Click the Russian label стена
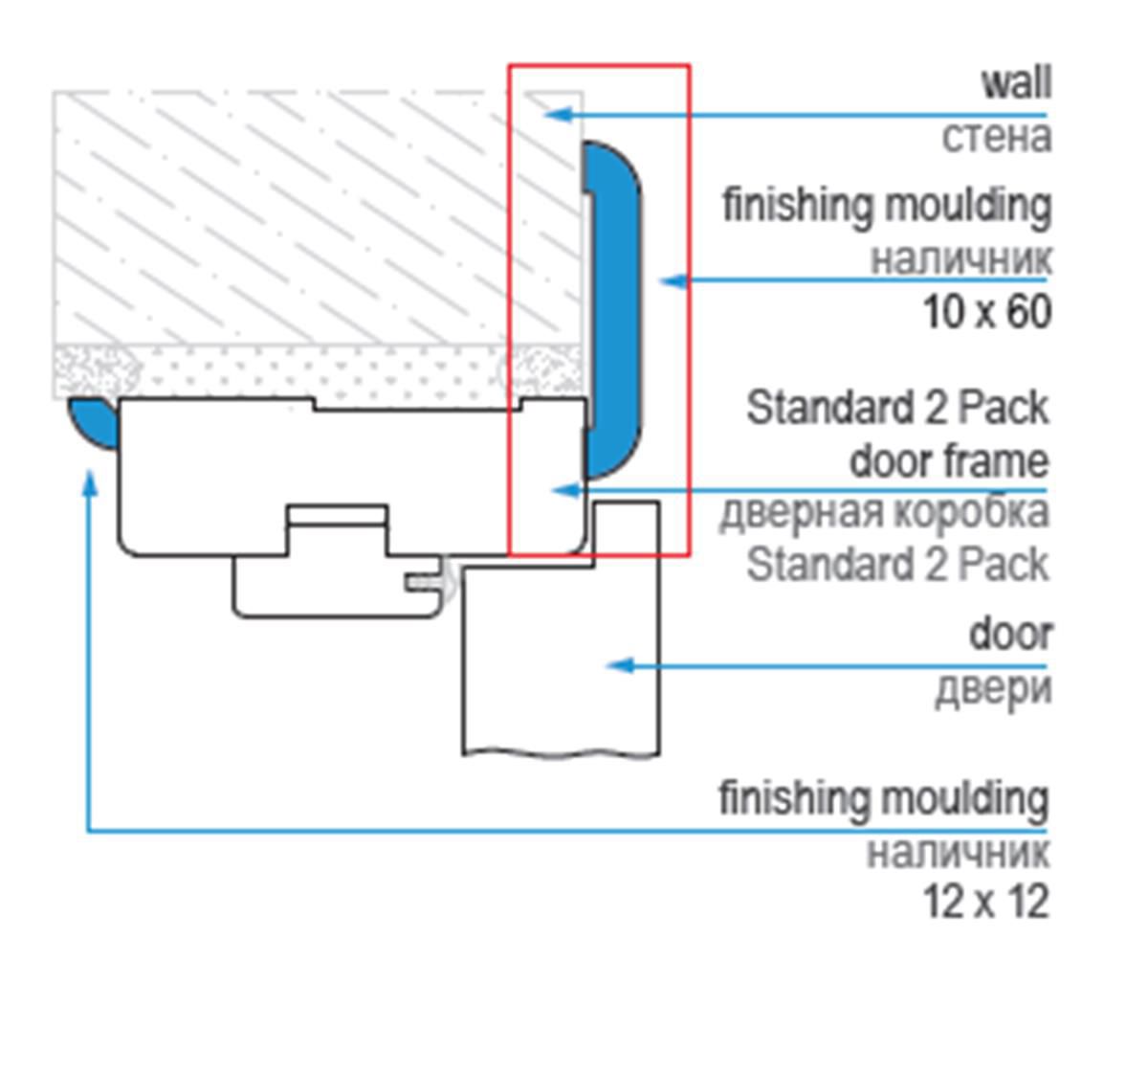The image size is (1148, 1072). [996, 136]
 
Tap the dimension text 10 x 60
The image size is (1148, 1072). [986, 312]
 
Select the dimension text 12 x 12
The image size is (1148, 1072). [985, 902]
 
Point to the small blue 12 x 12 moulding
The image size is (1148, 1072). [93, 422]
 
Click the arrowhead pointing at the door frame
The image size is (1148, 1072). [566, 490]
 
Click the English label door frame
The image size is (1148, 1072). [948, 461]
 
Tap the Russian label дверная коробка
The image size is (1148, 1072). [884, 512]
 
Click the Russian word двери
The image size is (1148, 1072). [992, 687]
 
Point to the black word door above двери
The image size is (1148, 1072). [1010, 634]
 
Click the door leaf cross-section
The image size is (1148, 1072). [560, 660]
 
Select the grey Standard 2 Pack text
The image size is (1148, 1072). [896, 564]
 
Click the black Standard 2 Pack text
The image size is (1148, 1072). [896, 408]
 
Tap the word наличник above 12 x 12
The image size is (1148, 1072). [958, 851]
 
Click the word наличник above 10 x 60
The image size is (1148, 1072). [960, 258]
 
